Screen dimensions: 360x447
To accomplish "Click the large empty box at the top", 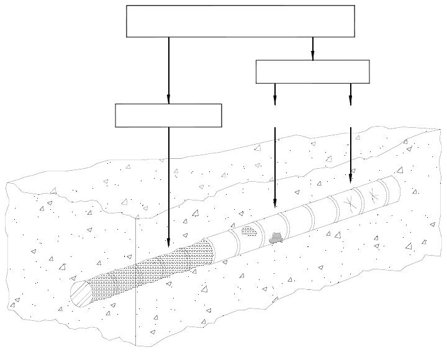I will coord(240,21).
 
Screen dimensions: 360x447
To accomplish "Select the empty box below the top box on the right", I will coord(312,71).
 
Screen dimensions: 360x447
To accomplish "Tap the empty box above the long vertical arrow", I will coord(168,115).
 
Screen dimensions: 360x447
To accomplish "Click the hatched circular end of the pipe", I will coord(81,293).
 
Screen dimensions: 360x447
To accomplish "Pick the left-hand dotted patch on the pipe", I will coord(249,232).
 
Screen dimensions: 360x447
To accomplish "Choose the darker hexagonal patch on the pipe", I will coord(277,236).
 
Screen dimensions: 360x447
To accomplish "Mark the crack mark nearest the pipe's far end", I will coord(372,194).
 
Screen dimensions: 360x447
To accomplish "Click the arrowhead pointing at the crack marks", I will coord(350,178).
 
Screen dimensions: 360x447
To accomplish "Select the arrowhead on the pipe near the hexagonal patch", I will coord(275,203).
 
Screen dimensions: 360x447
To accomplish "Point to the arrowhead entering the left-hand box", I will coord(168,99).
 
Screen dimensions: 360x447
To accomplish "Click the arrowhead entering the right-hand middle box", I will coord(312,56).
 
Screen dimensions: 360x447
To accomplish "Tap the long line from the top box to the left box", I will coord(168,68).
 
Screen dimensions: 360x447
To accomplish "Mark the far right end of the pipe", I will coord(395,187).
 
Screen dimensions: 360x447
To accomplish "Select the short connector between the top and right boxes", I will coord(312,46).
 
